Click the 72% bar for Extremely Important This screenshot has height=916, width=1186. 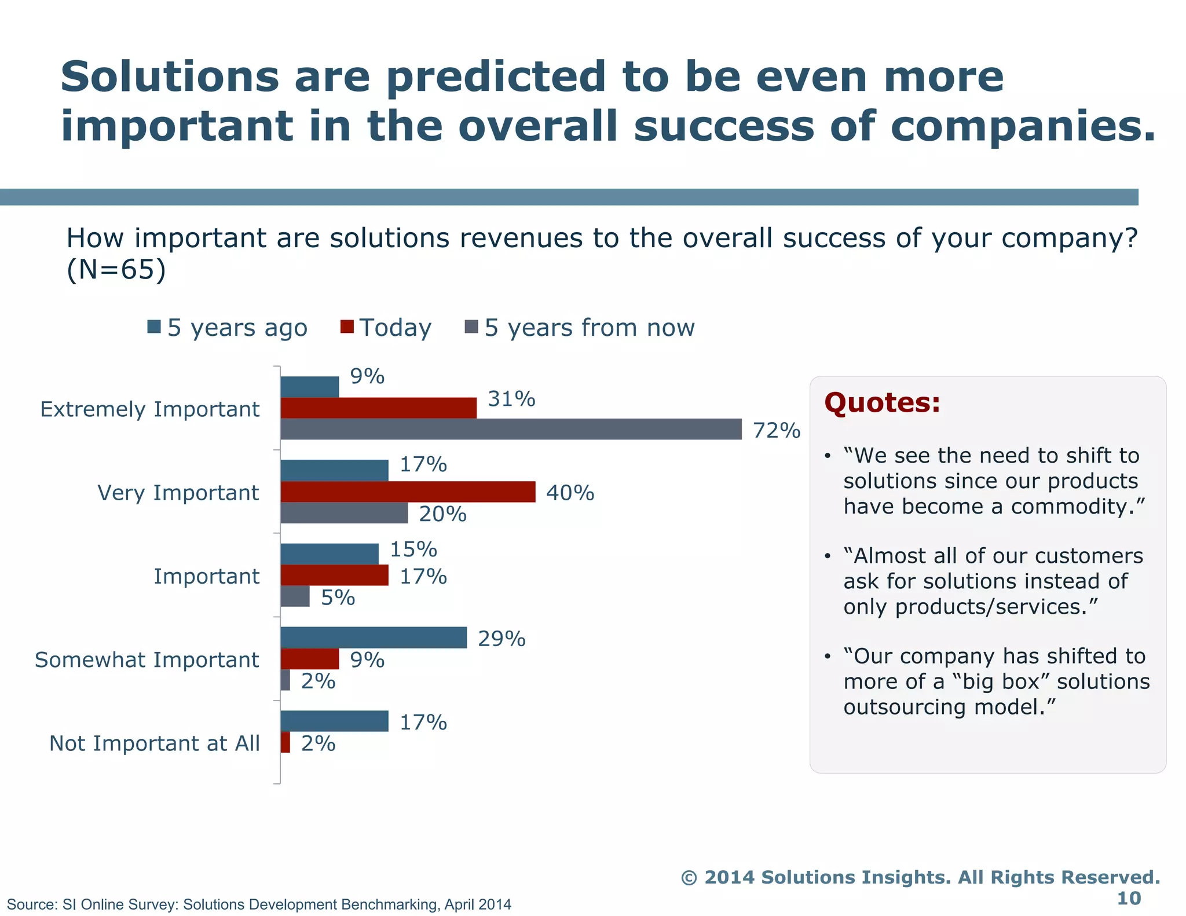(x=511, y=429)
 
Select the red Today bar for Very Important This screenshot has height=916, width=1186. (x=408, y=492)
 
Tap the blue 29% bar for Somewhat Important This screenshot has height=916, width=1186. (x=374, y=637)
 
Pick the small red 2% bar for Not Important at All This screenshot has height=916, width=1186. (x=285, y=742)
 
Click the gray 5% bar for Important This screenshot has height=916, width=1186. (x=295, y=596)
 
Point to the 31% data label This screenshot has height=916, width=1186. (x=511, y=399)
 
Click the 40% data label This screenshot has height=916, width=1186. (x=570, y=493)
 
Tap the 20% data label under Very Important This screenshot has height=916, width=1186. (x=442, y=514)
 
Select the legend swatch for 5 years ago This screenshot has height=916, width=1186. (x=154, y=327)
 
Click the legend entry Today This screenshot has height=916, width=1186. (x=395, y=328)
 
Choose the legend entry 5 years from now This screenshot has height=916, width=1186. (x=589, y=328)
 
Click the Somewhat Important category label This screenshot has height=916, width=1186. (x=147, y=660)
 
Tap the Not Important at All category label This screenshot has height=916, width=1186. (x=155, y=743)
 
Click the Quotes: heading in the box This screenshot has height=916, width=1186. (x=882, y=402)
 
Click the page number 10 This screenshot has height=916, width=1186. (x=1128, y=898)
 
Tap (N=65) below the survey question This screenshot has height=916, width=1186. (x=116, y=270)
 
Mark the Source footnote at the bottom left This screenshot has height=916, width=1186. (x=259, y=904)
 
